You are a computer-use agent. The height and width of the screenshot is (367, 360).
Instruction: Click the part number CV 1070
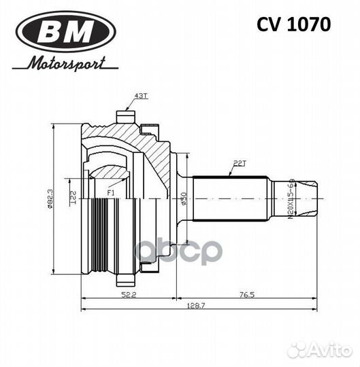(x=293, y=25)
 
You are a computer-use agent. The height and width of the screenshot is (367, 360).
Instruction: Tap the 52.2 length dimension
(x=129, y=294)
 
